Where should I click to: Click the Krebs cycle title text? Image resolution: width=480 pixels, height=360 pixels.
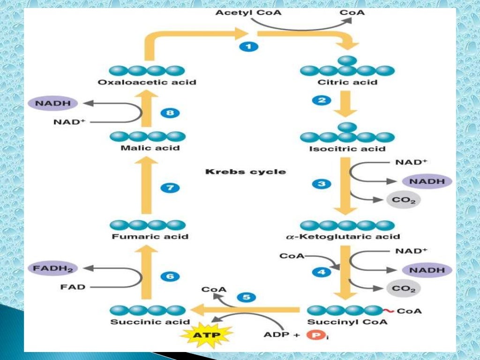(245, 172)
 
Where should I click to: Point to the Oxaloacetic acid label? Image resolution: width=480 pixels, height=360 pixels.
(147, 82)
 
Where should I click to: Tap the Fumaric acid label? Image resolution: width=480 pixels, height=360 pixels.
(150, 236)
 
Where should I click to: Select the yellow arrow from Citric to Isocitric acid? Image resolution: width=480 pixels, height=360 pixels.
(347, 103)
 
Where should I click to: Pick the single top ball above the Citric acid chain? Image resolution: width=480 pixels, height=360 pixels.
(347, 60)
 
